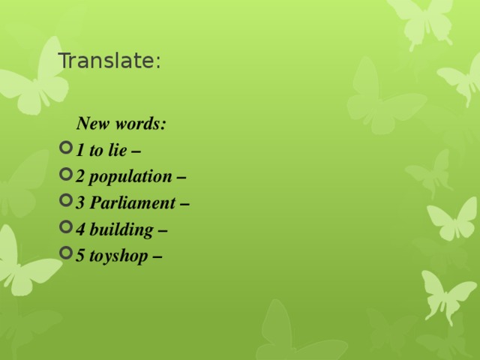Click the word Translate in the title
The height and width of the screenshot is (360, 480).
coord(106,61)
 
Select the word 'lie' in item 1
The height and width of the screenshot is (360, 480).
coord(118,150)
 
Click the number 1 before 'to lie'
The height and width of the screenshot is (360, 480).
coord(80,150)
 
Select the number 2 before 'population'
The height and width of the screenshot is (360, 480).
coord(80,177)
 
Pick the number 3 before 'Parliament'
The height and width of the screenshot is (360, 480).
coord(80,203)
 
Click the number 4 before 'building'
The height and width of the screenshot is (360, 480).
coord(80,229)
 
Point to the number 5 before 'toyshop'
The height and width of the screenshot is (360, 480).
coord(80,256)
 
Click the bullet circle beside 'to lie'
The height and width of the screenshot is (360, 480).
coord(64,148)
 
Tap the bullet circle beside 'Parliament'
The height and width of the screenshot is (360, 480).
coord(64,202)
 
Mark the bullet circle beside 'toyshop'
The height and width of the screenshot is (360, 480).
coord(64,254)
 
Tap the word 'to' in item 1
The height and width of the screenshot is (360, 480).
coord(96,150)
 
